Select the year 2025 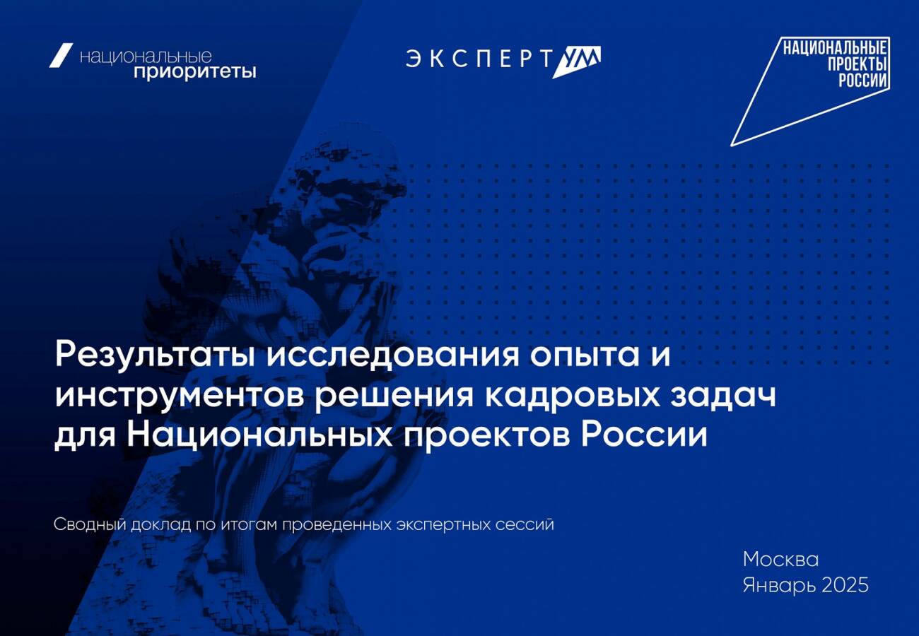(845, 584)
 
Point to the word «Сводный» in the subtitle (90, 524)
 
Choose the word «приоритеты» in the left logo (195, 71)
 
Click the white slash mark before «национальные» (61, 55)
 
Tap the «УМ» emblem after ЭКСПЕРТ (577, 61)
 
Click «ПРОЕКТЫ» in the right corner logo (857, 64)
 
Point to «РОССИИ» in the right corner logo (862, 81)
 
